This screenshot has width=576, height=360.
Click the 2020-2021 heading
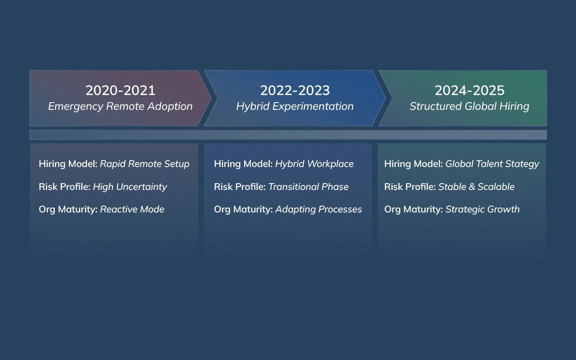pos(120,90)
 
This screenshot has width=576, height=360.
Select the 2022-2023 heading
pos(295,90)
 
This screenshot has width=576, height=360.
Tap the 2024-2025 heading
pos(469,90)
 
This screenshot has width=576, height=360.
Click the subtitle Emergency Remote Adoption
pos(120,107)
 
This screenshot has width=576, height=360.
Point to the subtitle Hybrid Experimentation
pos(295,107)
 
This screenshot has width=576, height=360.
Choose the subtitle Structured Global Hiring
pos(469,107)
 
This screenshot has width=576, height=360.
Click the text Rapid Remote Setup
pos(144,164)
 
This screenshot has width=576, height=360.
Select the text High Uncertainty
pos(130,187)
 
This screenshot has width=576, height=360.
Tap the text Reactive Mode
pos(132,209)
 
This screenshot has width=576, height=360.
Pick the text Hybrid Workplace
pos(314,164)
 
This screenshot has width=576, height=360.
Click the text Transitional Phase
pos(308,187)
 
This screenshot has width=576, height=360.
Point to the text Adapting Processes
pos(318,209)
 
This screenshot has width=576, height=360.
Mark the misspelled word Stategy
pos(523,164)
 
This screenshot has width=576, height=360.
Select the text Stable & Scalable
pos(476,187)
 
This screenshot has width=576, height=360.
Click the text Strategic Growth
pos(482,209)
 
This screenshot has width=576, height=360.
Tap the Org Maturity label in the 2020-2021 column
pos(68,209)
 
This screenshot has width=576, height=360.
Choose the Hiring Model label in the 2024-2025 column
pos(413,164)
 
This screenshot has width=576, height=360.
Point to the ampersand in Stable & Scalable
pos(472,187)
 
